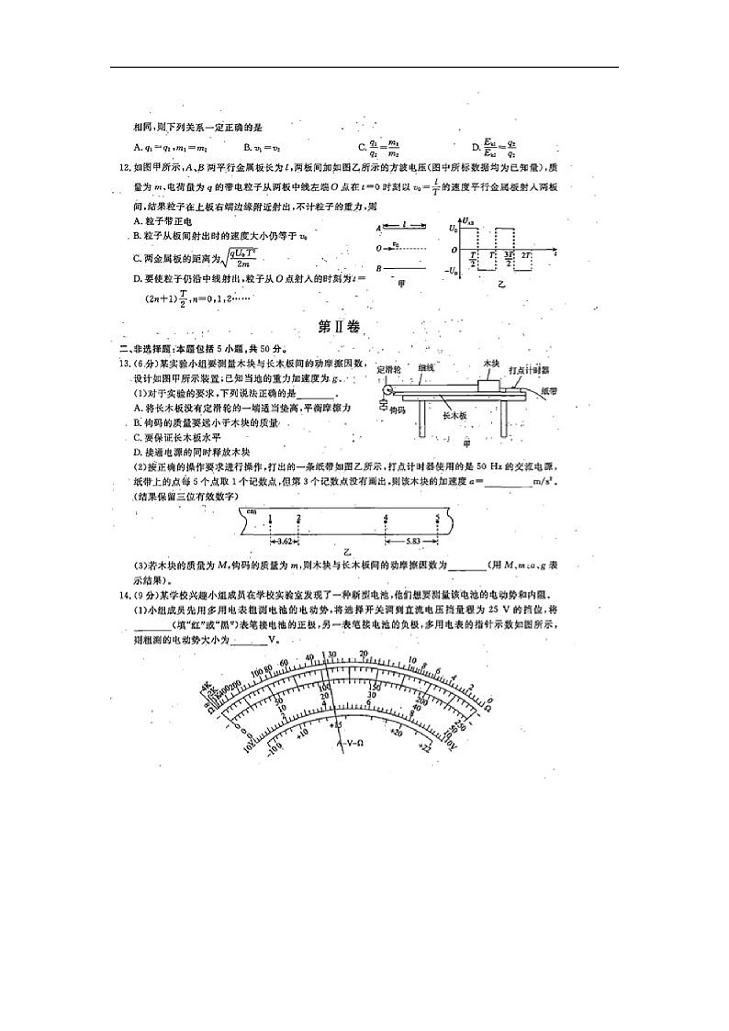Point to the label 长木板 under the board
pos(456,415)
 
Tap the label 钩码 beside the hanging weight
pos(397,409)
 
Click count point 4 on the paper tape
pos(385,519)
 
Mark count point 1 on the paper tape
pos(271,519)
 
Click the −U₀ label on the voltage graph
pos(454,271)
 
